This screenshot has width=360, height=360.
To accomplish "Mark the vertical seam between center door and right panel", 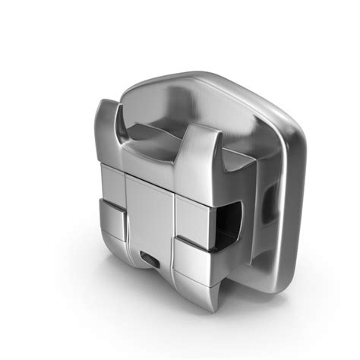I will (175, 213).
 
